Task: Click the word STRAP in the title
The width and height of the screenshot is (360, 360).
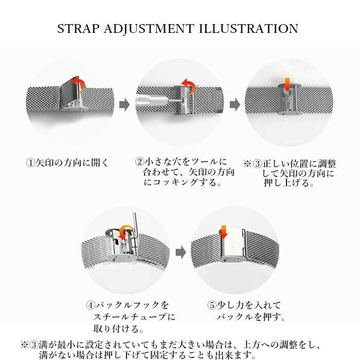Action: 78,29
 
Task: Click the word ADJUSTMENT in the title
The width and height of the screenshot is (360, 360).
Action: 149,29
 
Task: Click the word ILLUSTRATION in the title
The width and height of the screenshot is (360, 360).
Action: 248,29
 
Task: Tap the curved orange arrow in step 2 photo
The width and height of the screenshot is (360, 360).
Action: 189,86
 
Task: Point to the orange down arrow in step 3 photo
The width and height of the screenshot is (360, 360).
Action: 287,84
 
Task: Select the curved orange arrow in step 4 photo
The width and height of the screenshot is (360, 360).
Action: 125,232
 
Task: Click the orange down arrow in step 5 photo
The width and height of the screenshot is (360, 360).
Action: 223,232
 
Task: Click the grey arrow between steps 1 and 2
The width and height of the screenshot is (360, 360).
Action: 124,105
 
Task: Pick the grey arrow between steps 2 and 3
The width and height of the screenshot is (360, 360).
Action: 235,105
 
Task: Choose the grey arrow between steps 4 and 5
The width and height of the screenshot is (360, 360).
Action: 181,253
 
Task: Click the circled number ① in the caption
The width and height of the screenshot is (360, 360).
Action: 30,163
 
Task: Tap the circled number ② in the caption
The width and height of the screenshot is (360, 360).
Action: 139,161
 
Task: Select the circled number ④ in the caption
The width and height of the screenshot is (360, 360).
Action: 91,305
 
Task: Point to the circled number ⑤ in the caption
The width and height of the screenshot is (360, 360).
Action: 212,305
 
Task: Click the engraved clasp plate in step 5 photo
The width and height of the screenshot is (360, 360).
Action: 232,243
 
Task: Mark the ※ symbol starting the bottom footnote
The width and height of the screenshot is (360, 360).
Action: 25,345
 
